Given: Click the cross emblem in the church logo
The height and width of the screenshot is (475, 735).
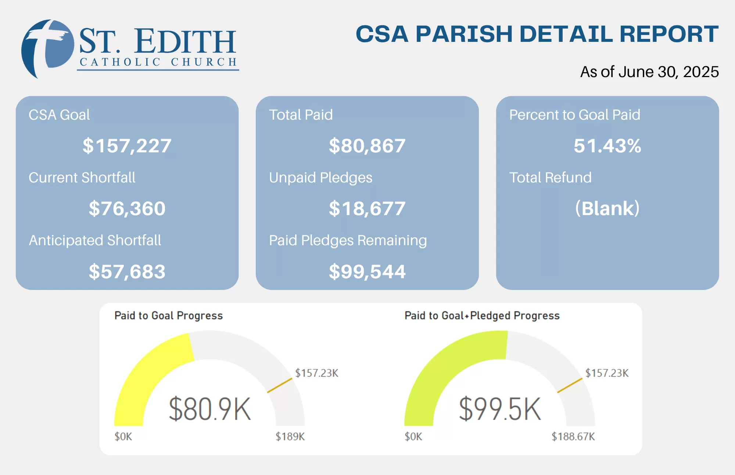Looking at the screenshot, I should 47,48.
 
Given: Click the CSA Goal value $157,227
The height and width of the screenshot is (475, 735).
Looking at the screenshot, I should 127,146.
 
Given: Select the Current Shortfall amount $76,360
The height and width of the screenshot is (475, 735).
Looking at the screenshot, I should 127,209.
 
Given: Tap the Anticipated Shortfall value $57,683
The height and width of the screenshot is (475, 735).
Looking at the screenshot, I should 127,272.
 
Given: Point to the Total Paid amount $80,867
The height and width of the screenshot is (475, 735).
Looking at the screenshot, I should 367,146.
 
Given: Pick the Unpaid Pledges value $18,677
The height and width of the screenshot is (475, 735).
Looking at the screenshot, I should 367,209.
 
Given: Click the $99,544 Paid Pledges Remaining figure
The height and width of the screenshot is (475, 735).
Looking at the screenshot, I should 367,272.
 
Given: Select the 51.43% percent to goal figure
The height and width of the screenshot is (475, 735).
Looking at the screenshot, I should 607,146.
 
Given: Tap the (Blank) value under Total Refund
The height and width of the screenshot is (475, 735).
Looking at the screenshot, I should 607,209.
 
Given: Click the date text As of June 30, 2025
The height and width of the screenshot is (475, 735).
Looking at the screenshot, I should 649,72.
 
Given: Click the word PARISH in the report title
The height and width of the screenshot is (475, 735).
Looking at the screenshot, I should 464,34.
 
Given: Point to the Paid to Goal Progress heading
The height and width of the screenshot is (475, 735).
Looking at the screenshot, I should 168,316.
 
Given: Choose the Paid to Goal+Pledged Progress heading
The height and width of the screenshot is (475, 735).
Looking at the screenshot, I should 482,316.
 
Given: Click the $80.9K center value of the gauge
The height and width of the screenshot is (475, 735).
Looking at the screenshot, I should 209,409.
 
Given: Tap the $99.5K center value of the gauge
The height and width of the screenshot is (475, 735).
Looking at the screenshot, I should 500,409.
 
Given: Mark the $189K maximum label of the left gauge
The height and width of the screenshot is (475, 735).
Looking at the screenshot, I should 290,436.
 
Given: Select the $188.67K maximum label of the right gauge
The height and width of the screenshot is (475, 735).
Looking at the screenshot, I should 573,436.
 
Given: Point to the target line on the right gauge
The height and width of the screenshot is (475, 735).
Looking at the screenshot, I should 570,385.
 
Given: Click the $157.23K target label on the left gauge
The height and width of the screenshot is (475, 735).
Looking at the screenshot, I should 316,373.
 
